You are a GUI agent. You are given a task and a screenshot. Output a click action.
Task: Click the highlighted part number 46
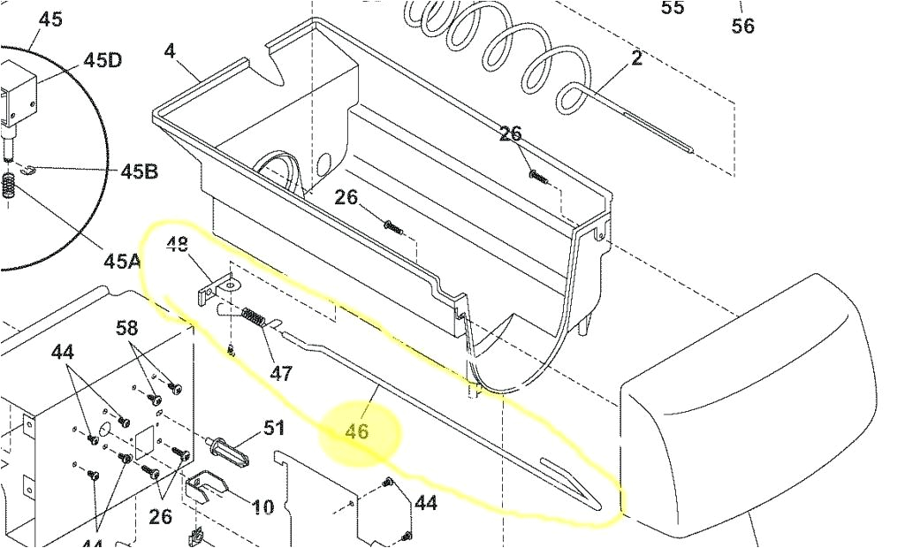pyautogui.click(x=357, y=432)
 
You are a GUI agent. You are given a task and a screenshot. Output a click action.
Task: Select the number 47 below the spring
pyautogui.click(x=281, y=373)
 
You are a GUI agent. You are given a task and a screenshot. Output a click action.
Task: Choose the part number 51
pyautogui.click(x=274, y=429)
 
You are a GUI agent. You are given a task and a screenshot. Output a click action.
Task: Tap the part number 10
pyautogui.click(x=262, y=507)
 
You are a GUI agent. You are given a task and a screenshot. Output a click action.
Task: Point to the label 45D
pyautogui.click(x=103, y=59)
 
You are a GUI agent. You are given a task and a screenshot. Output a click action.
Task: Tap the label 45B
pyautogui.click(x=140, y=171)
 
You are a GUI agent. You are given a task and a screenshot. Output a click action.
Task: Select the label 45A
pyautogui.click(x=122, y=261)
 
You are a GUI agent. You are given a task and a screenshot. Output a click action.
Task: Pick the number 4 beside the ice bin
pyautogui.click(x=169, y=50)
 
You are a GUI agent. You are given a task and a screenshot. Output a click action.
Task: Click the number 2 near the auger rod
pyautogui.click(x=636, y=58)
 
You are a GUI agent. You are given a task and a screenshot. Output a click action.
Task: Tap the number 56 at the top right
pyautogui.click(x=743, y=27)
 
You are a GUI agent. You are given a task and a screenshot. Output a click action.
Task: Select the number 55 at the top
pyautogui.click(x=673, y=8)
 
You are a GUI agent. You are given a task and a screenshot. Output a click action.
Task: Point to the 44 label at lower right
pyautogui.click(x=426, y=503)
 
